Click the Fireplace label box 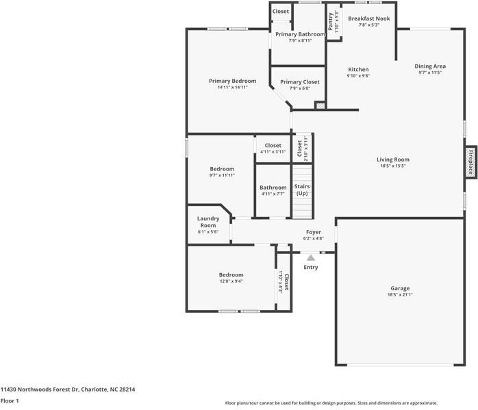[x=471, y=163]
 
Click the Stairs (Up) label [x=302, y=190]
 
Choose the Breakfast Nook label [x=369, y=18]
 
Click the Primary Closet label [x=300, y=81]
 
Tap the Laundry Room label [x=209, y=222]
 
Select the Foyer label [x=313, y=232]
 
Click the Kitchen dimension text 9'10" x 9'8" [x=359, y=76]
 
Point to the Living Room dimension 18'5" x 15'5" [x=392, y=166]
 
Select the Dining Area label [x=430, y=66]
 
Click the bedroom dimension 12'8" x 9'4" [x=231, y=281]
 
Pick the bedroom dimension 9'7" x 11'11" [x=222, y=175]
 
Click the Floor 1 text [x=10, y=400]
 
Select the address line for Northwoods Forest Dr [x=68, y=389]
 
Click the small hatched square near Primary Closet [x=319, y=105]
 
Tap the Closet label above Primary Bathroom [x=281, y=12]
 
